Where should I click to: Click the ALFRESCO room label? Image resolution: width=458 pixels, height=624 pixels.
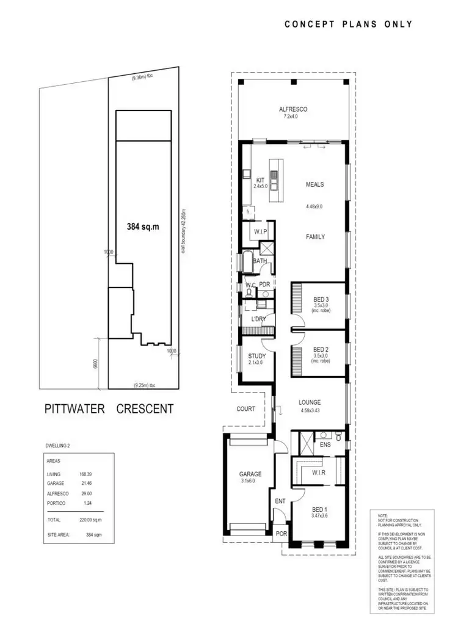(x=293, y=109)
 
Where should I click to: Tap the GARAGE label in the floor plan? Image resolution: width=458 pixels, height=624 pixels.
(x=250, y=474)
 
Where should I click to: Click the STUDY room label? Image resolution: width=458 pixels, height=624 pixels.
(x=256, y=357)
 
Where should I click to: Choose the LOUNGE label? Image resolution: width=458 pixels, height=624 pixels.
(x=310, y=402)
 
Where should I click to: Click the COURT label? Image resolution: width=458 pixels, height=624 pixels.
(x=246, y=409)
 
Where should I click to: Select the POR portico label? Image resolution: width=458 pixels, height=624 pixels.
(x=282, y=534)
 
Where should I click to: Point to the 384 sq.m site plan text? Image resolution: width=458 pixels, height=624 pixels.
(x=143, y=226)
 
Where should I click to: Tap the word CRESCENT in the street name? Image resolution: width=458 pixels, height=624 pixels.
(x=145, y=409)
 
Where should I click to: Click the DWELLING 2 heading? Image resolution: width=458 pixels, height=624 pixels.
(x=62, y=445)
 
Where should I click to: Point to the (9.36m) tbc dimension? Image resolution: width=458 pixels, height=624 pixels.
(x=143, y=78)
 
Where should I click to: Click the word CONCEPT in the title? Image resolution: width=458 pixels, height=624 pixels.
(x=309, y=24)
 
